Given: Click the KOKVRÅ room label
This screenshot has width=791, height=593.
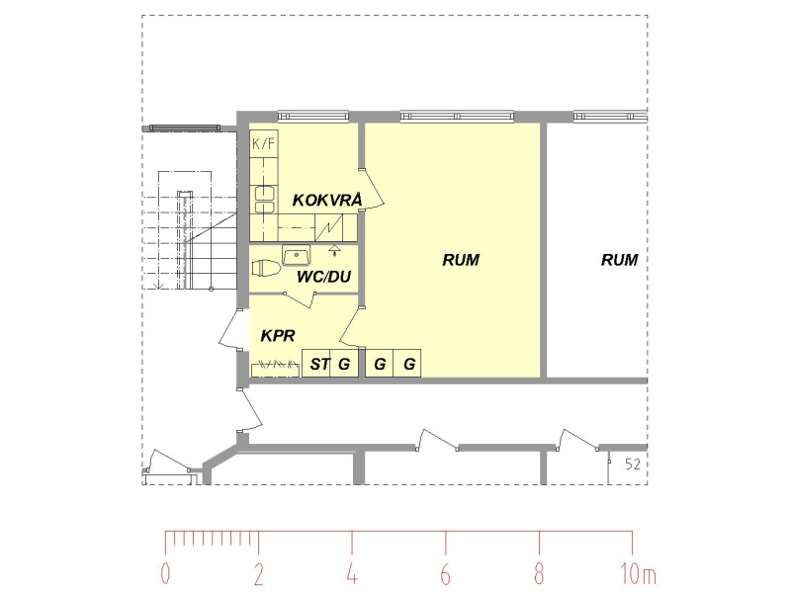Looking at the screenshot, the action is point(327,200).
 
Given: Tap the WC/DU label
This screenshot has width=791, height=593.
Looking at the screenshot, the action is point(323,277).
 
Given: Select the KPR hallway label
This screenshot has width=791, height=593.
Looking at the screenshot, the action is point(278,335).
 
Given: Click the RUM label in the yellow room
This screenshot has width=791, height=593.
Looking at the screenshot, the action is point(461,260).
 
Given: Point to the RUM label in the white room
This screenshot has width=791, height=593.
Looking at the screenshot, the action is point(620,260).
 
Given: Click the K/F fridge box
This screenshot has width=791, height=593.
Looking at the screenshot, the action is point(264,143).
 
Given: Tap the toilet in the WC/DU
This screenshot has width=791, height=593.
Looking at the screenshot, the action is point(266,268).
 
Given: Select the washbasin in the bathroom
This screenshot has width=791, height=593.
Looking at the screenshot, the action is point(296,255).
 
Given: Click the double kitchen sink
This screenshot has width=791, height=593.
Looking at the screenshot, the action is point(265,200).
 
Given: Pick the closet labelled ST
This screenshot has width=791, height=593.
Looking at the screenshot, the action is point(315,363).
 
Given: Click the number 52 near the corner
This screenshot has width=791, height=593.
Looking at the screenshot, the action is point(633,464).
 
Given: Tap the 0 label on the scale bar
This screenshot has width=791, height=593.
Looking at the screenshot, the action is point(165,573).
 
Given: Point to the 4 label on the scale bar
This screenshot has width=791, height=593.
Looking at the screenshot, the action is point(352,573).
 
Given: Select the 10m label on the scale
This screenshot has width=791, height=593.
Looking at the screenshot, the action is point(638,574).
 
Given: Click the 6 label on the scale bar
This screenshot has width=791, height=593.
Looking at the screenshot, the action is point(445,573).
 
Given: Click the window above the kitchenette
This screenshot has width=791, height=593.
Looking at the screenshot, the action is point(313,117).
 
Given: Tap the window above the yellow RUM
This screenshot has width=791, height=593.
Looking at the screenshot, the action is point(457,117).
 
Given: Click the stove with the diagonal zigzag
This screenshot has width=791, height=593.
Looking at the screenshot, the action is point(329,227).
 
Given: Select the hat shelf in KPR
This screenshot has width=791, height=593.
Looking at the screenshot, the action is point(275,370).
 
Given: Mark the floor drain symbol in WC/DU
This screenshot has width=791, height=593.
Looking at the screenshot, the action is point(333,249).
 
